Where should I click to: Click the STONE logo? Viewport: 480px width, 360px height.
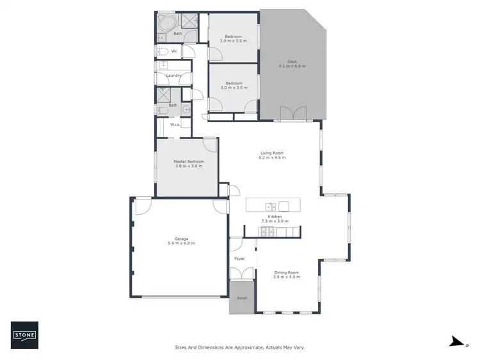25,334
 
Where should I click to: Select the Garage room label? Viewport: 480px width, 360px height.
181,239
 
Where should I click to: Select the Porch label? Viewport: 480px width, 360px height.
242,299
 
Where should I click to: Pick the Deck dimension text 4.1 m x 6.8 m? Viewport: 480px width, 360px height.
292,66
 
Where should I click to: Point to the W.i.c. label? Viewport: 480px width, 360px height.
175,125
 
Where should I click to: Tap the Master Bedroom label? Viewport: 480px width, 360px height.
189,162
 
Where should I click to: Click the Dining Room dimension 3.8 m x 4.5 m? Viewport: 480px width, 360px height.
286,277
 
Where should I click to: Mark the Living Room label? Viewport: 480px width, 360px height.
272,153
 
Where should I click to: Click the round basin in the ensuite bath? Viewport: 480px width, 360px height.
186,110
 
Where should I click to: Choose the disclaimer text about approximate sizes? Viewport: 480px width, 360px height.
240,347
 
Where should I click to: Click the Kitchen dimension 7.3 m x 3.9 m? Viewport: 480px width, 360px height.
275,221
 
